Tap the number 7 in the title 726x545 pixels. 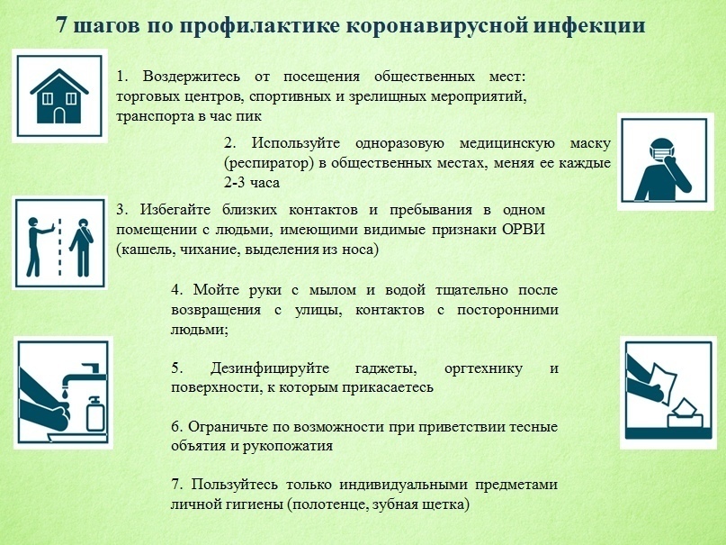(61, 24)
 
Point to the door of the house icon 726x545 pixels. (59, 115)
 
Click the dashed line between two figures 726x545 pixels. (59, 246)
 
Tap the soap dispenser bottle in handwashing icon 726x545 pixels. (95, 414)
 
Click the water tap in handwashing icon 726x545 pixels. (80, 376)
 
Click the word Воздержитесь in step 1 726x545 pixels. (192, 76)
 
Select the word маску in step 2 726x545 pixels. (590, 143)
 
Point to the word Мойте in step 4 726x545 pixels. (214, 290)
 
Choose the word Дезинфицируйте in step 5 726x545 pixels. (270, 369)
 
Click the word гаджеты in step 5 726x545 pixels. (386, 369)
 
